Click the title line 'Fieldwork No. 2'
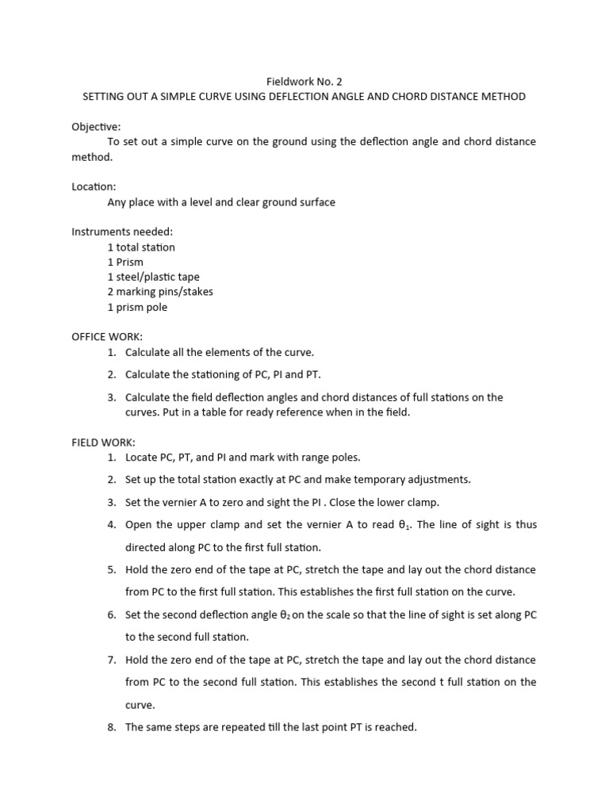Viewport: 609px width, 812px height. [x=304, y=81]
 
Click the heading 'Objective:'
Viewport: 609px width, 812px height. [x=96, y=127]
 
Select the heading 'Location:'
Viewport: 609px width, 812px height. [x=94, y=187]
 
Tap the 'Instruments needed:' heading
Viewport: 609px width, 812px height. [x=122, y=232]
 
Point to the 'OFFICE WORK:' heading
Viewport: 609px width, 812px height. [x=107, y=337]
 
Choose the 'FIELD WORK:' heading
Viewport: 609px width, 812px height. [x=103, y=442]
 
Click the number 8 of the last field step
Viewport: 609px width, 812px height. [x=111, y=727]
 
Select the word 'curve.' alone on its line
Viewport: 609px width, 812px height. [x=140, y=705]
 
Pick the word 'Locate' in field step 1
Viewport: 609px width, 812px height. [x=143, y=458]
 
